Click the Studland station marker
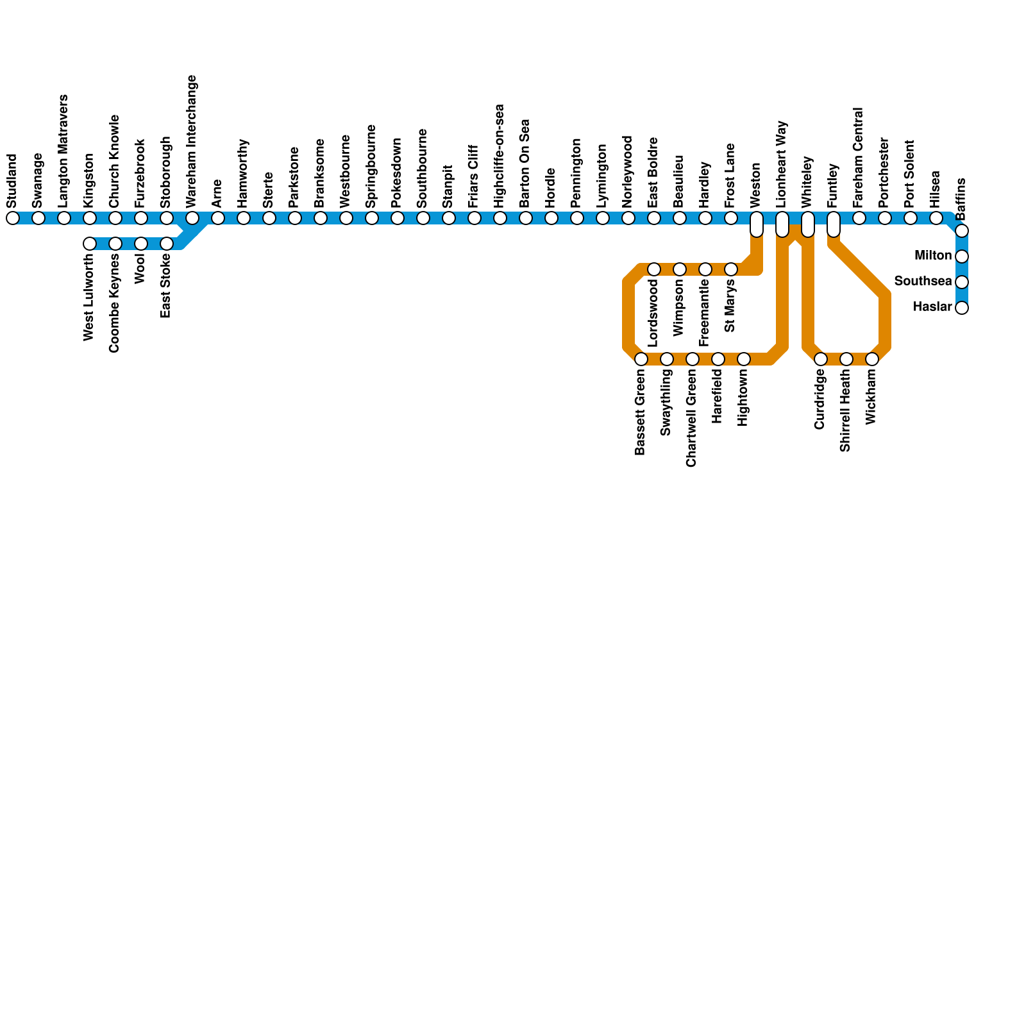tap(13, 218)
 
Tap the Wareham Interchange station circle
tap(192, 218)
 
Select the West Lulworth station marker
tap(90, 244)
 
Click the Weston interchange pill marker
tap(757, 224)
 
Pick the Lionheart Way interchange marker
tap(782, 224)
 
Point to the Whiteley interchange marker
tap(808, 224)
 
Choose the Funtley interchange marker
tap(834, 224)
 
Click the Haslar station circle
tap(962, 308)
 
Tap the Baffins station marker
tap(962, 231)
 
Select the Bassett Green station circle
tap(641, 359)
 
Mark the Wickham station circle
tap(872, 359)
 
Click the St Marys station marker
tap(731, 269)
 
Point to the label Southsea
tap(923, 282)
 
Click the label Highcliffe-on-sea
tap(500, 156)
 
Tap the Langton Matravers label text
tap(63, 151)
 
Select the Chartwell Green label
tap(691, 419)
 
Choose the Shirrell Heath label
tap(845, 411)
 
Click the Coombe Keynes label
tap(115, 303)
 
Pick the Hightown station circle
tap(744, 359)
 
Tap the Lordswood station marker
tap(654, 269)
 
